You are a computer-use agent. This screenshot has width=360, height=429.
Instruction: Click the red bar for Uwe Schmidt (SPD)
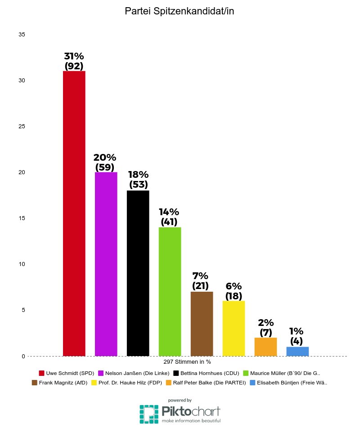click(x=74, y=213)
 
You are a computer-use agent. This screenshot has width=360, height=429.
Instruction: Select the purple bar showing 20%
click(x=106, y=264)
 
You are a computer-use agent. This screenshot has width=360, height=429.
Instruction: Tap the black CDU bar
click(x=138, y=273)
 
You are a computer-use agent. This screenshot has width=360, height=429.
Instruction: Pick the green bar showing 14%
click(x=170, y=292)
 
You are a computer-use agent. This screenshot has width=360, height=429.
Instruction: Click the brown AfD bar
click(x=202, y=324)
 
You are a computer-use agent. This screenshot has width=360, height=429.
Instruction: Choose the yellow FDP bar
click(x=234, y=328)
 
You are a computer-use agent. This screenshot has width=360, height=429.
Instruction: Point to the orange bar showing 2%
click(x=265, y=347)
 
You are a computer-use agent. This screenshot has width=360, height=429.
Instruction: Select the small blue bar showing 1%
click(x=297, y=351)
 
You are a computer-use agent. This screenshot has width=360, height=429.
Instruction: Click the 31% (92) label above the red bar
click(x=74, y=61)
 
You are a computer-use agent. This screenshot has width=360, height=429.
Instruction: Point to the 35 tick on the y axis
click(x=22, y=35)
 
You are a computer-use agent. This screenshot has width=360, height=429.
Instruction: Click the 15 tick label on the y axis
click(x=22, y=218)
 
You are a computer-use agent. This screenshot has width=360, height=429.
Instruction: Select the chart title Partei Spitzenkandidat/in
click(x=180, y=12)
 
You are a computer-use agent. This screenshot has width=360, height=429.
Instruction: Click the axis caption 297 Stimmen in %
click(x=187, y=361)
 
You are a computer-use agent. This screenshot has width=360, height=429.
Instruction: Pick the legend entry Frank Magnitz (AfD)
click(x=63, y=383)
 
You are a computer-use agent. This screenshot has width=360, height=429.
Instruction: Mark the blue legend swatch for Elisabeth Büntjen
click(x=253, y=383)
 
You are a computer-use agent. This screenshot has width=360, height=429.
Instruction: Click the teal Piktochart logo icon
click(x=148, y=413)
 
